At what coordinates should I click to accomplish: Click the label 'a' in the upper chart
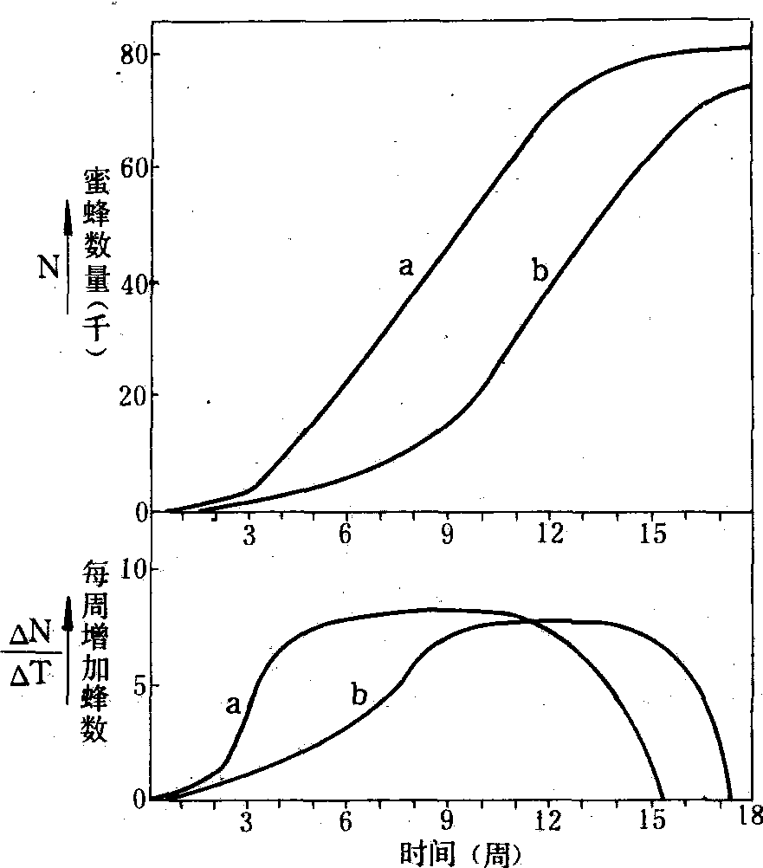coord(405,266)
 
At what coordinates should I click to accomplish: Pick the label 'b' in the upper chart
coord(540,271)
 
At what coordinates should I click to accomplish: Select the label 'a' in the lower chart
coord(233,705)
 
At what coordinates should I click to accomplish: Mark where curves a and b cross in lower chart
coord(531,620)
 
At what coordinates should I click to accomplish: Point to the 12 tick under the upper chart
coord(547,534)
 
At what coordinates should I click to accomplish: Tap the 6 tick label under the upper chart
coord(346,534)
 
